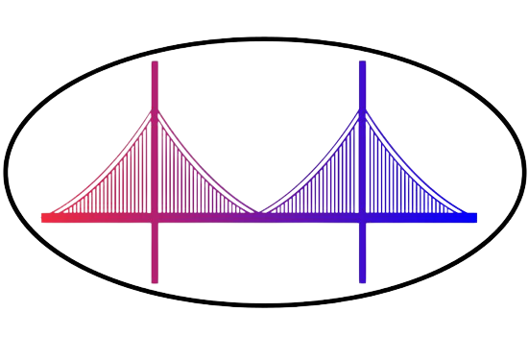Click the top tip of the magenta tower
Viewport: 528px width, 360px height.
tap(155, 62)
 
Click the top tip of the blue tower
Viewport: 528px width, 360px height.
tap(362, 62)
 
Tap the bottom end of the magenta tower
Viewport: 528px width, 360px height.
tap(155, 281)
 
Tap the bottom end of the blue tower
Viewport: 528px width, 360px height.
tap(362, 281)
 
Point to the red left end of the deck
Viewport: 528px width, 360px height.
tap(43, 217)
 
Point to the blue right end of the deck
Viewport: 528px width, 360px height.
tap(475, 217)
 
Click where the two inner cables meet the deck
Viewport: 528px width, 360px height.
tap(259, 213)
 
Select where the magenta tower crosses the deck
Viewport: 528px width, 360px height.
tap(155, 217)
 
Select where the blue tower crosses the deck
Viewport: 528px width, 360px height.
tap(362, 217)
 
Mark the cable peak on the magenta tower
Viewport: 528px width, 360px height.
tap(155, 110)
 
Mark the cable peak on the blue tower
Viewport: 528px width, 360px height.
tap(362, 110)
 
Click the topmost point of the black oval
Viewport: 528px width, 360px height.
tap(264, 37)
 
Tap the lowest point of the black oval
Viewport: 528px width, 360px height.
tap(264, 306)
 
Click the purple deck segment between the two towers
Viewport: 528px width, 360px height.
tap(259, 218)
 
